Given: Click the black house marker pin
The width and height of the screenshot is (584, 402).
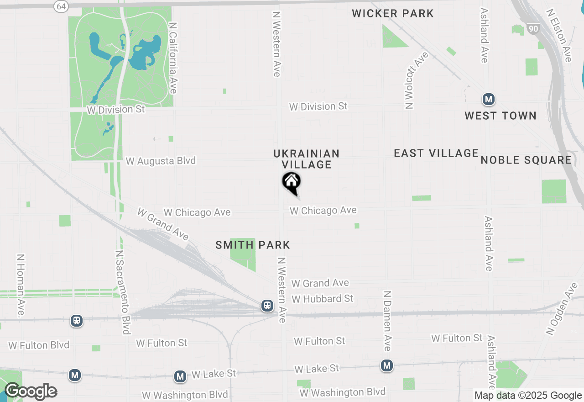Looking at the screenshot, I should (x=291, y=182).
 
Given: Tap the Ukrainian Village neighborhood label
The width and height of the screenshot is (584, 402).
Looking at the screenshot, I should (x=307, y=159).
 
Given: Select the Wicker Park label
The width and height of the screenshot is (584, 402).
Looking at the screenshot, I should (x=393, y=13).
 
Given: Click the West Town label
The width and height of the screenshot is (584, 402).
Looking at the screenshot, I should (x=501, y=116).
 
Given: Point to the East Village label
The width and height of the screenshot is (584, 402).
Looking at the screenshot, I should (x=436, y=153).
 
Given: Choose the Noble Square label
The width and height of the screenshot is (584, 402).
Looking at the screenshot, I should (x=526, y=160).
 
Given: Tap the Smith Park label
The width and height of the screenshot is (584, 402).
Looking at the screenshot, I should (x=253, y=245).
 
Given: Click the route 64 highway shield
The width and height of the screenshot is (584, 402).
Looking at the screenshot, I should (x=61, y=6).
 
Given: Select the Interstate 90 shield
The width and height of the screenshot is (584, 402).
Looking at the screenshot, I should (x=532, y=29).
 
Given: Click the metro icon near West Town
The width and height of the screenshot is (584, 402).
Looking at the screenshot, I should (x=489, y=99).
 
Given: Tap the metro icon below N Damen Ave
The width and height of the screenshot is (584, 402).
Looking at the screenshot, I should (x=387, y=365).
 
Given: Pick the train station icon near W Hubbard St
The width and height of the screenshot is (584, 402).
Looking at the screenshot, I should (x=267, y=306).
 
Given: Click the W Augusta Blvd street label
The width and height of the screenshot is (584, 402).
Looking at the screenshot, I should (x=161, y=161).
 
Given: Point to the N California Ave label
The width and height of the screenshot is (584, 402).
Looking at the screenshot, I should (x=172, y=58).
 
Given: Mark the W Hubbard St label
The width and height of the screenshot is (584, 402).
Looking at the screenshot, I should (x=323, y=299).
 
